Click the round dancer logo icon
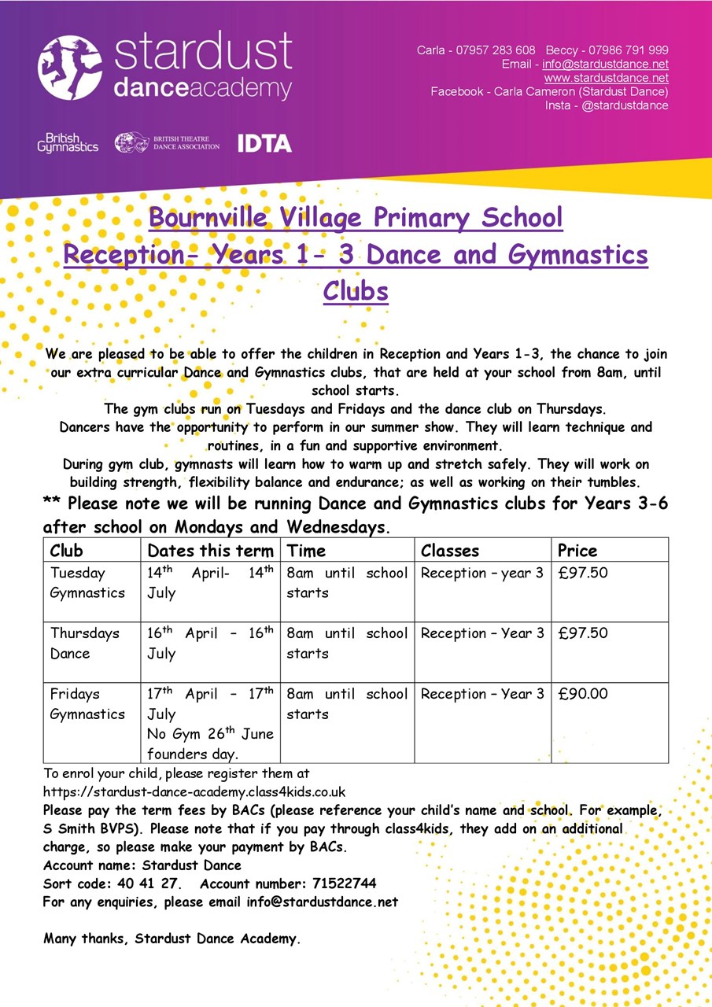click(x=70, y=68)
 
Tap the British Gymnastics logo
click(x=68, y=143)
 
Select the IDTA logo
click(x=264, y=143)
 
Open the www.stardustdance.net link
click(x=606, y=78)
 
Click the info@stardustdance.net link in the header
click(x=605, y=64)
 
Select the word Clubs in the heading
click(x=356, y=290)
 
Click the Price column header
click(x=577, y=550)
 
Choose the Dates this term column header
click(x=210, y=550)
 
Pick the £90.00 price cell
click(x=583, y=694)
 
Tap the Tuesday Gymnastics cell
click(x=87, y=583)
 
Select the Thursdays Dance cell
click(x=84, y=643)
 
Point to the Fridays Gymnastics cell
click(x=87, y=703)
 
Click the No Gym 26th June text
click(x=210, y=734)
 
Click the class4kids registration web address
click(x=194, y=791)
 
